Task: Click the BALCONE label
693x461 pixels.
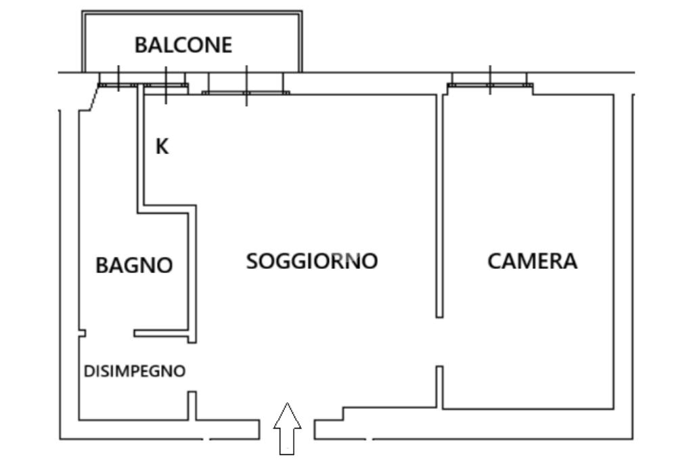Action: pyautogui.click(x=183, y=45)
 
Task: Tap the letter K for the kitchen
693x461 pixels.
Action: pyautogui.click(x=162, y=147)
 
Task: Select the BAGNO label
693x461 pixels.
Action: pyautogui.click(x=134, y=265)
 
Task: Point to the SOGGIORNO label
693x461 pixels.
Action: pyautogui.click(x=311, y=260)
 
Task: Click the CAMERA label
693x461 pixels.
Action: pyautogui.click(x=533, y=261)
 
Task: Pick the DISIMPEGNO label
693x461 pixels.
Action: pyautogui.click(x=134, y=371)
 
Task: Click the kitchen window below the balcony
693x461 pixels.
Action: pyautogui.click(x=165, y=85)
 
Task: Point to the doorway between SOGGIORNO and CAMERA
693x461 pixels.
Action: pyautogui.click(x=439, y=341)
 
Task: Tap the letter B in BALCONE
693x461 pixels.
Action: pyautogui.click(x=140, y=45)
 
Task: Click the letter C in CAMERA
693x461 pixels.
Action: pyautogui.click(x=494, y=261)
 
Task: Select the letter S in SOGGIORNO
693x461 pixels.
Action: pyautogui.click(x=252, y=260)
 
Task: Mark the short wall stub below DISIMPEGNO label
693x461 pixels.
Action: pyautogui.click(x=192, y=406)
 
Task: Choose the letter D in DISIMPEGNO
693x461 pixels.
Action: pyautogui.click(x=88, y=371)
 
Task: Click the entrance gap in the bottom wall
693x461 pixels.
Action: pyautogui.click(x=287, y=430)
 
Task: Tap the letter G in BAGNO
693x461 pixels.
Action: pyautogui.click(x=129, y=265)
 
